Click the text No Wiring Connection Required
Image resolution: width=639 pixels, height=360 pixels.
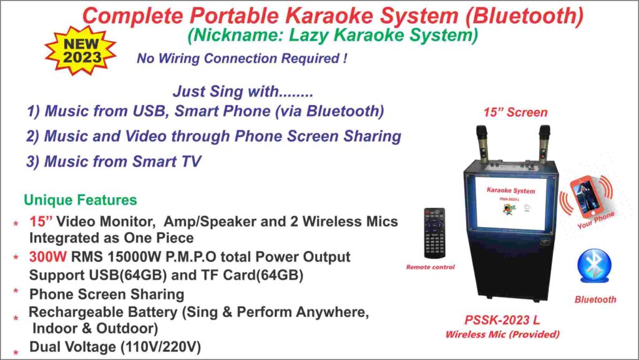tap(242, 59)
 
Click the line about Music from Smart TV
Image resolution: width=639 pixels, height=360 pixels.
tap(114, 162)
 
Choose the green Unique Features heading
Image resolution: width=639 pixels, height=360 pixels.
tap(80, 200)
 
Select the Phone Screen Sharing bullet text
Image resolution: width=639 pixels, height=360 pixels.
tap(107, 294)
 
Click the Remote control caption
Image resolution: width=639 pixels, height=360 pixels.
tap(431, 267)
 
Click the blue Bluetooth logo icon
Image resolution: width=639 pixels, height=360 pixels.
tap(595, 266)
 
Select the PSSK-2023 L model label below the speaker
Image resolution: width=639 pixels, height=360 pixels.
tap(502, 321)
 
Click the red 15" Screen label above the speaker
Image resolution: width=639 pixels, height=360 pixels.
tap(515, 113)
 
